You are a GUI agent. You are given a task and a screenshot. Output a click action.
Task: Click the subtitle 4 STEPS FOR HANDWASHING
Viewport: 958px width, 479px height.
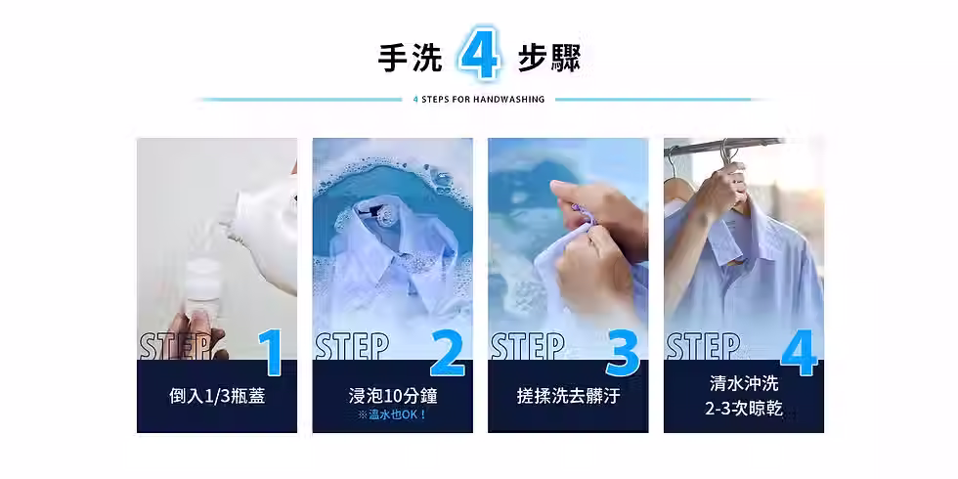coord(479,99)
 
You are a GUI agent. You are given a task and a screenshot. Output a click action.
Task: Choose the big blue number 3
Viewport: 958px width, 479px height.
coord(622,353)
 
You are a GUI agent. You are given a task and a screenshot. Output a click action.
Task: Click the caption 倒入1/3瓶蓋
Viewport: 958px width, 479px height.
coord(216,396)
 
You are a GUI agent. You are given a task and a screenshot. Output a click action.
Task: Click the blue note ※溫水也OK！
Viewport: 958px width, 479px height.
coord(392,414)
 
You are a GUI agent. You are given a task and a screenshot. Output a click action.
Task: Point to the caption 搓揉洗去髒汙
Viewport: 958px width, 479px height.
coord(568,396)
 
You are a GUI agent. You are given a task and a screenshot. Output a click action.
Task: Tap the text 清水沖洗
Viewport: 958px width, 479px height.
coord(743,383)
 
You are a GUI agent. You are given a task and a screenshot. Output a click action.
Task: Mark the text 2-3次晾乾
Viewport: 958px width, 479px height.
coord(743,409)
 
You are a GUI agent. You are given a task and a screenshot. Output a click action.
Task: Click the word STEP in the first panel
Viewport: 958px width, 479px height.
coord(177,346)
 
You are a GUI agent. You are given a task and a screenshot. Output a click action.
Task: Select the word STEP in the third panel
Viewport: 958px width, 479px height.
coord(528,346)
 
